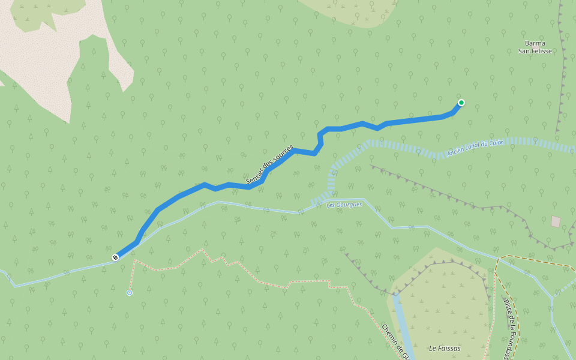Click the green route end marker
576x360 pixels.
tap(461, 103)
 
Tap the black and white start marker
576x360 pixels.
tap(115, 257)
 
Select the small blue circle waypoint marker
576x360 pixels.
tap(130, 293)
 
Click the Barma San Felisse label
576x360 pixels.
tap(535, 47)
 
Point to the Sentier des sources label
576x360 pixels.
tap(269, 164)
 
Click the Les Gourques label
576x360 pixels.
tap(344, 205)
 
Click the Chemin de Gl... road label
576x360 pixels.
tap(395, 342)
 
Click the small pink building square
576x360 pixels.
tap(556, 222)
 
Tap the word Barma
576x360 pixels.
tap(535, 43)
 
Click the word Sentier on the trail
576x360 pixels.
tap(254, 176)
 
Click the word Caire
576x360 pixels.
tap(496, 143)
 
